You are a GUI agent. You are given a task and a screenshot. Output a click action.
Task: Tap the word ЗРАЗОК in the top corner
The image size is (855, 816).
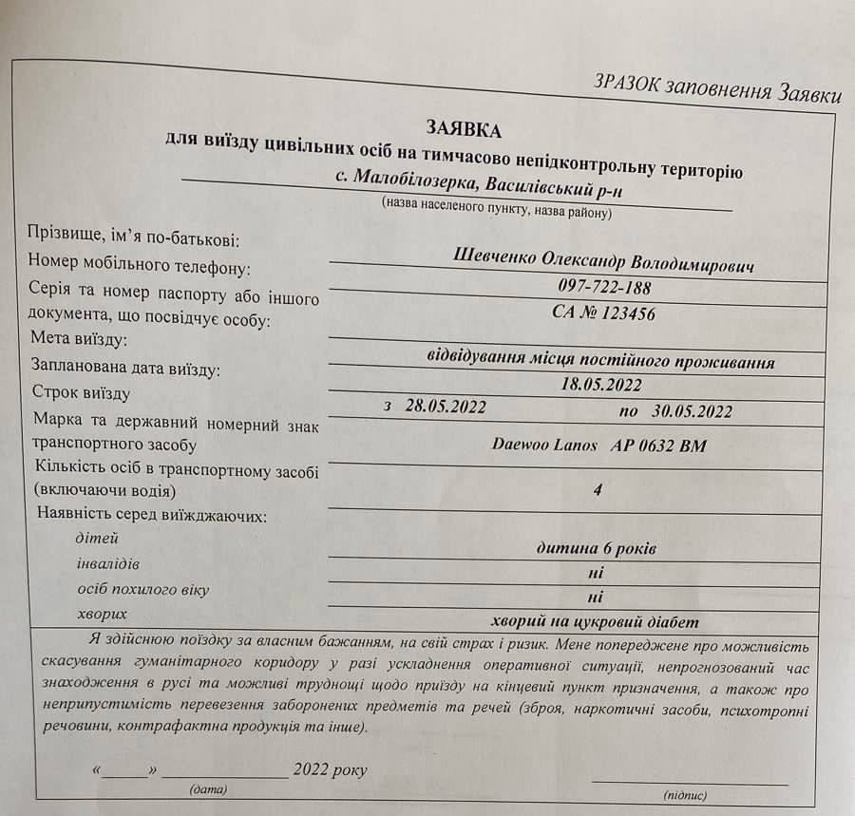pos(629,84)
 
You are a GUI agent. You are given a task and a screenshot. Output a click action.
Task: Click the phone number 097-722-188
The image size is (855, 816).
pos(604,288)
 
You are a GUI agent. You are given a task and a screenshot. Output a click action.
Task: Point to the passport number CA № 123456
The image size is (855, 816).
pos(603,313)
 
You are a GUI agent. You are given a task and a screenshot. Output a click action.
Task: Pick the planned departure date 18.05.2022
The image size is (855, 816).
pos(601,385)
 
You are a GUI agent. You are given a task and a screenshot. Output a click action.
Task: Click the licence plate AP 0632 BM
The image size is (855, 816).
pos(660,446)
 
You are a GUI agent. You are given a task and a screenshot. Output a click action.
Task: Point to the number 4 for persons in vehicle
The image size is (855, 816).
pos(597,493)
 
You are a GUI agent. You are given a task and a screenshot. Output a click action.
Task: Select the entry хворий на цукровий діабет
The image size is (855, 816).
pos(596,622)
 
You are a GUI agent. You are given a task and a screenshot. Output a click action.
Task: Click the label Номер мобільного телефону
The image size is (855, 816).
pos(140,265)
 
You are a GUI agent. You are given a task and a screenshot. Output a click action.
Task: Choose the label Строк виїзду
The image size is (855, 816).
pos(81,391)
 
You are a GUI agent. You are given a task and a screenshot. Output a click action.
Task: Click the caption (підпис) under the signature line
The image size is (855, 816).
pos(684,795)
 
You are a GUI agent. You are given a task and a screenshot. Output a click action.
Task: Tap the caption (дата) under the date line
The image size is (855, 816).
pos(208,789)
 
